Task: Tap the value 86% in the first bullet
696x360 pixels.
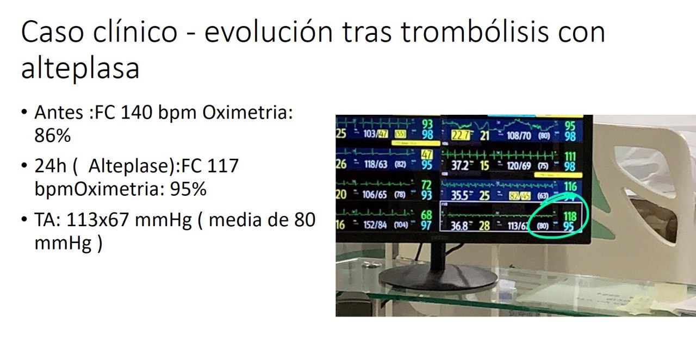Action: coord(52,135)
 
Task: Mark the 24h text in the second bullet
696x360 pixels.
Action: coord(50,165)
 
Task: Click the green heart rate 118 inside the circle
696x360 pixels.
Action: coord(570,216)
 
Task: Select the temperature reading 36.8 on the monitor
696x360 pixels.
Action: coord(459,226)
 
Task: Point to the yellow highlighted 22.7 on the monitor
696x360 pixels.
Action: coord(461,135)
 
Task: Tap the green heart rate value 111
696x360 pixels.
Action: coord(570,157)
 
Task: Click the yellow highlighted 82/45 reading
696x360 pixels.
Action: coord(519,195)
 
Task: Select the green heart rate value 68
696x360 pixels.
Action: coord(426,216)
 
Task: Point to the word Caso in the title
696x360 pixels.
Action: coord(51,33)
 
